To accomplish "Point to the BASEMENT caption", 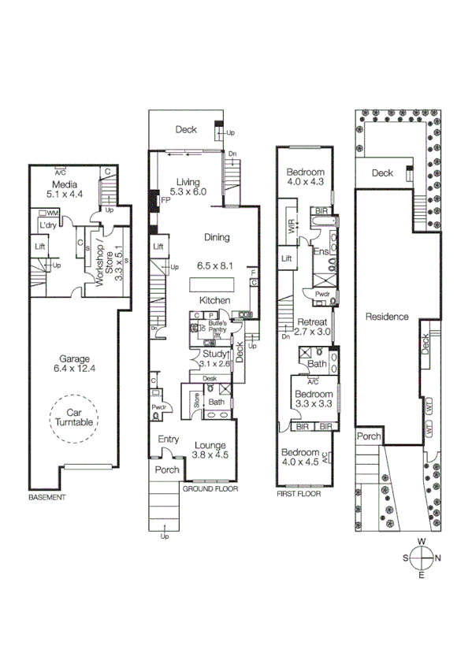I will pos(46,498).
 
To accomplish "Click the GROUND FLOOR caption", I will pos(210,488).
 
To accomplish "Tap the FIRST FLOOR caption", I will pos(299,494).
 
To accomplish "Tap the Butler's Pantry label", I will pos(217,324).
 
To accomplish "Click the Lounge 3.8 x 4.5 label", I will pos(210,449).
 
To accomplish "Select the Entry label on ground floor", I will pos(168,439).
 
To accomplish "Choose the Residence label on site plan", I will pos(387,317).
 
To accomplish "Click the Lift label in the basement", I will pos(40,246).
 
